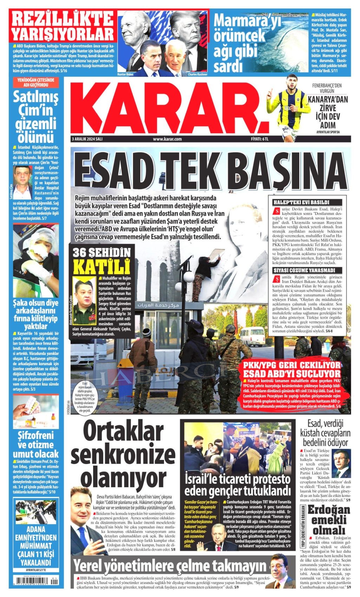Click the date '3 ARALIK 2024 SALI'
87,139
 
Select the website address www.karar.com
167,139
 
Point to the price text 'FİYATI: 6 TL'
260,139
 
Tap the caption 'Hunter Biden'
126,74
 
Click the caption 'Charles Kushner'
197,74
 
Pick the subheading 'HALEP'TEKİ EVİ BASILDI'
301,203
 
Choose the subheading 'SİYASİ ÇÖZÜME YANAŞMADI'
304,270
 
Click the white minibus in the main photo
252,336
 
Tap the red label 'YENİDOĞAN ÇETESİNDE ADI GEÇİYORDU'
35,83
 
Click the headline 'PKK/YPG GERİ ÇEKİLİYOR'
292,364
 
